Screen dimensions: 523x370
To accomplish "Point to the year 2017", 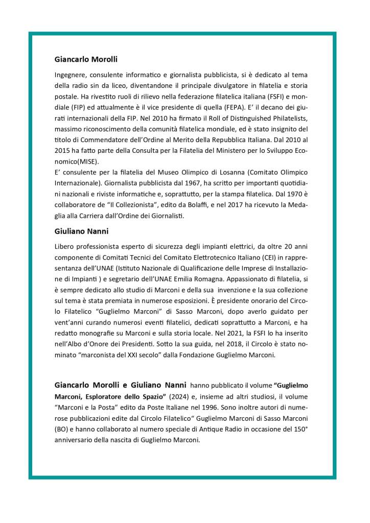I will [240, 207].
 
